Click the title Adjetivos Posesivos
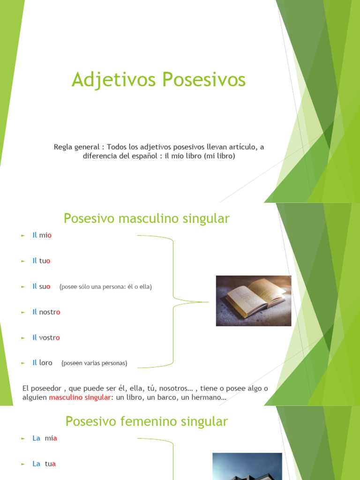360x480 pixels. (x=158, y=80)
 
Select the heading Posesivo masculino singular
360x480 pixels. (x=147, y=218)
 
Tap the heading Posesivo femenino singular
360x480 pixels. (x=147, y=421)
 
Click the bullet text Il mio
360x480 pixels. (x=42, y=235)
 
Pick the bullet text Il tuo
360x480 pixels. (x=41, y=261)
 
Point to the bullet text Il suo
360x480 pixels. (x=41, y=286)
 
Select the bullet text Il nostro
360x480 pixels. (x=46, y=312)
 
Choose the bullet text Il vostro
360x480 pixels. (x=46, y=337)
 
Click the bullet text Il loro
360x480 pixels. (x=42, y=363)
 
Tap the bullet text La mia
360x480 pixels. (x=45, y=438)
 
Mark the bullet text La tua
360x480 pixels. (x=44, y=464)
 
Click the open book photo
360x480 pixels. (x=254, y=300)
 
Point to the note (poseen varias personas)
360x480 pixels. (x=94, y=363)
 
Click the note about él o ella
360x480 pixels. (x=105, y=287)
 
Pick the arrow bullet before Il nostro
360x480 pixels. (x=23, y=312)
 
